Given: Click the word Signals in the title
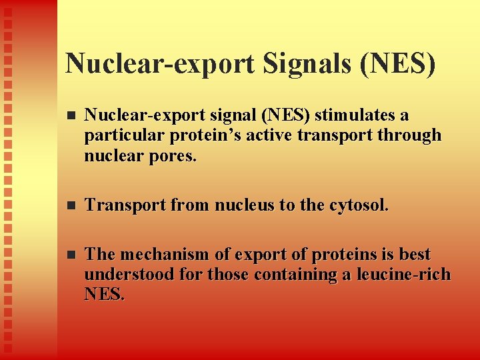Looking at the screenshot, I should point(303,63).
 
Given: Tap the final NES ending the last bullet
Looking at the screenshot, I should point(104,295).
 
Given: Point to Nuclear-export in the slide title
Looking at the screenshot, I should point(159,63).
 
